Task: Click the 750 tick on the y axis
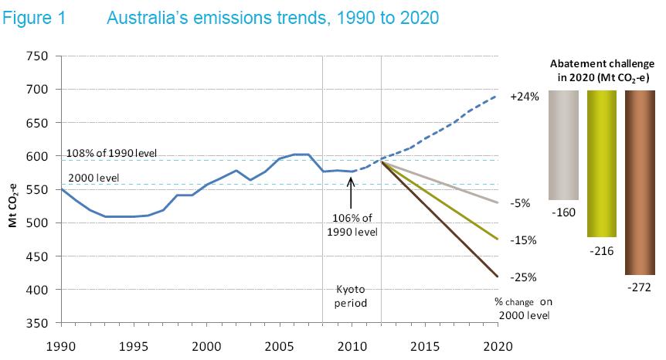[39, 56]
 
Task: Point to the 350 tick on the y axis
[39, 322]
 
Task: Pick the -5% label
[521, 203]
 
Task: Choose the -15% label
[523, 240]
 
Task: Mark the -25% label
[523, 277]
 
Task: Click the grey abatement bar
[563, 144]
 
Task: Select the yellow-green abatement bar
[601, 163]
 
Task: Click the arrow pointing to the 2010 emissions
[351, 186]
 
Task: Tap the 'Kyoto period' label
[352, 296]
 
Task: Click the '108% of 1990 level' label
[112, 153]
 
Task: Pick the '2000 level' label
[90, 178]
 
